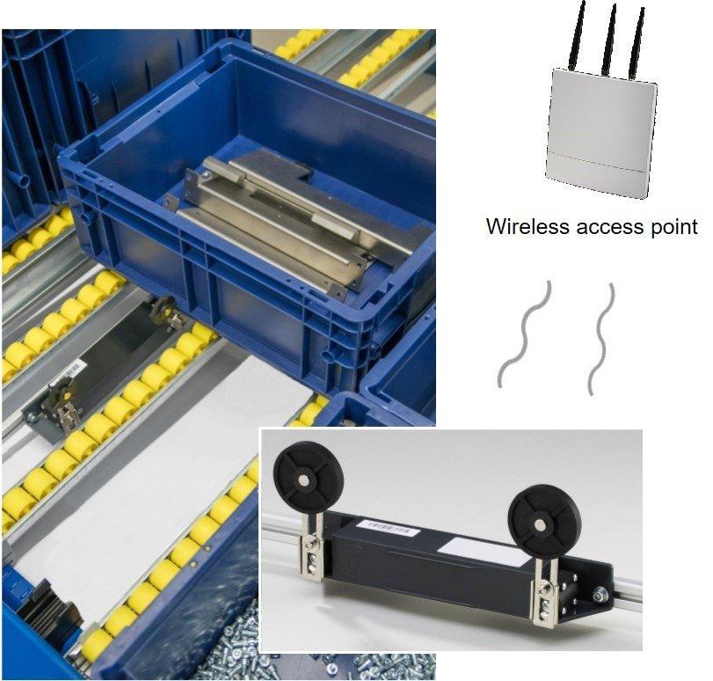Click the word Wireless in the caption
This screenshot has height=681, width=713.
pyautogui.click(x=527, y=226)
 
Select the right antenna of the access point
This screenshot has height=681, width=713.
pyautogui.click(x=637, y=43)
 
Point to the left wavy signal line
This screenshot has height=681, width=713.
pyautogui.click(x=524, y=333)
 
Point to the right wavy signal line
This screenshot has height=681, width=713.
pyautogui.click(x=601, y=339)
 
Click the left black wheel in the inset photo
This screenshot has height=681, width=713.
pyautogui.click(x=301, y=472)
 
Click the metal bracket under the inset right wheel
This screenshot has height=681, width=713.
pyautogui.click(x=547, y=592)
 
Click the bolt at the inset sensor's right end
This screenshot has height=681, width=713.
pyautogui.click(x=601, y=595)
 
